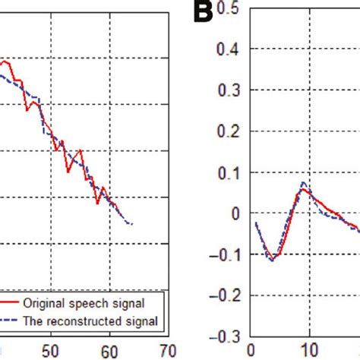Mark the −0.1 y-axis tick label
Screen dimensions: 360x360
click(229, 254)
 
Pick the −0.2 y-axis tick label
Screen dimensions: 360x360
click(229, 295)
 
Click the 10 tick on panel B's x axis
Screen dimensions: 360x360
click(308, 350)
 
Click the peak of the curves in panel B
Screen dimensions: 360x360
click(303, 184)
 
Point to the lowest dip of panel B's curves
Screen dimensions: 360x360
click(272, 260)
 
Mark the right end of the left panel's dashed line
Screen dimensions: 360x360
click(132, 224)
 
